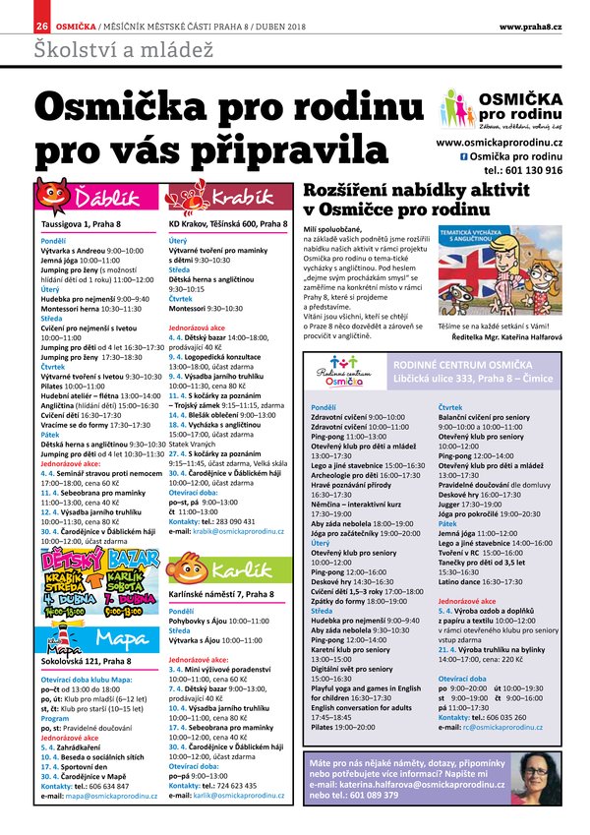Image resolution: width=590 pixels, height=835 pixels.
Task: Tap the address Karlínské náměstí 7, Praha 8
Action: tap(220, 595)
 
